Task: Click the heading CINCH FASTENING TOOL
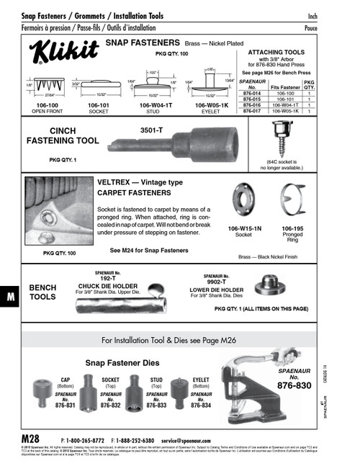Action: click(63, 135)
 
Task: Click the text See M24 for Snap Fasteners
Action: click(149, 251)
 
